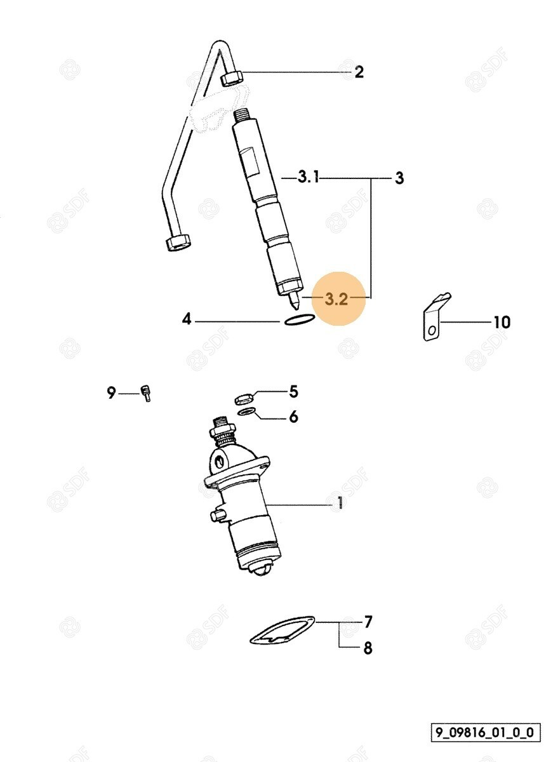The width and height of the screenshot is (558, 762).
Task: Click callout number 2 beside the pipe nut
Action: pyautogui.click(x=359, y=72)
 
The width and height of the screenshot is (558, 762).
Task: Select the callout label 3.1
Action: pyautogui.click(x=309, y=177)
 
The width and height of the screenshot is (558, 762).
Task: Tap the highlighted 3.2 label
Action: pyautogui.click(x=336, y=299)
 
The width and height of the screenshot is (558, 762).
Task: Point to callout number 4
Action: pyautogui.click(x=187, y=319)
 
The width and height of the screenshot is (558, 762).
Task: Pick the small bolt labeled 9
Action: pyautogui.click(x=147, y=394)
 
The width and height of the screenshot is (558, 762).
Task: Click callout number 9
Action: pyautogui.click(x=111, y=393)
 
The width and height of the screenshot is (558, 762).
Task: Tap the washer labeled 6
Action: pyautogui.click(x=246, y=411)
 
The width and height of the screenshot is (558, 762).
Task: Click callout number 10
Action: pyautogui.click(x=502, y=322)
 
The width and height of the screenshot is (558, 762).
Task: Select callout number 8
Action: pyautogui.click(x=368, y=648)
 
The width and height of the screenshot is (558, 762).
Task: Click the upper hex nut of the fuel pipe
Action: pyautogui.click(x=232, y=78)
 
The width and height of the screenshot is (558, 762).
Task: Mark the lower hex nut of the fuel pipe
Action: pyautogui.click(x=178, y=242)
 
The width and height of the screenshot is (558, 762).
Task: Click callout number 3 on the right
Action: pyautogui.click(x=399, y=178)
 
